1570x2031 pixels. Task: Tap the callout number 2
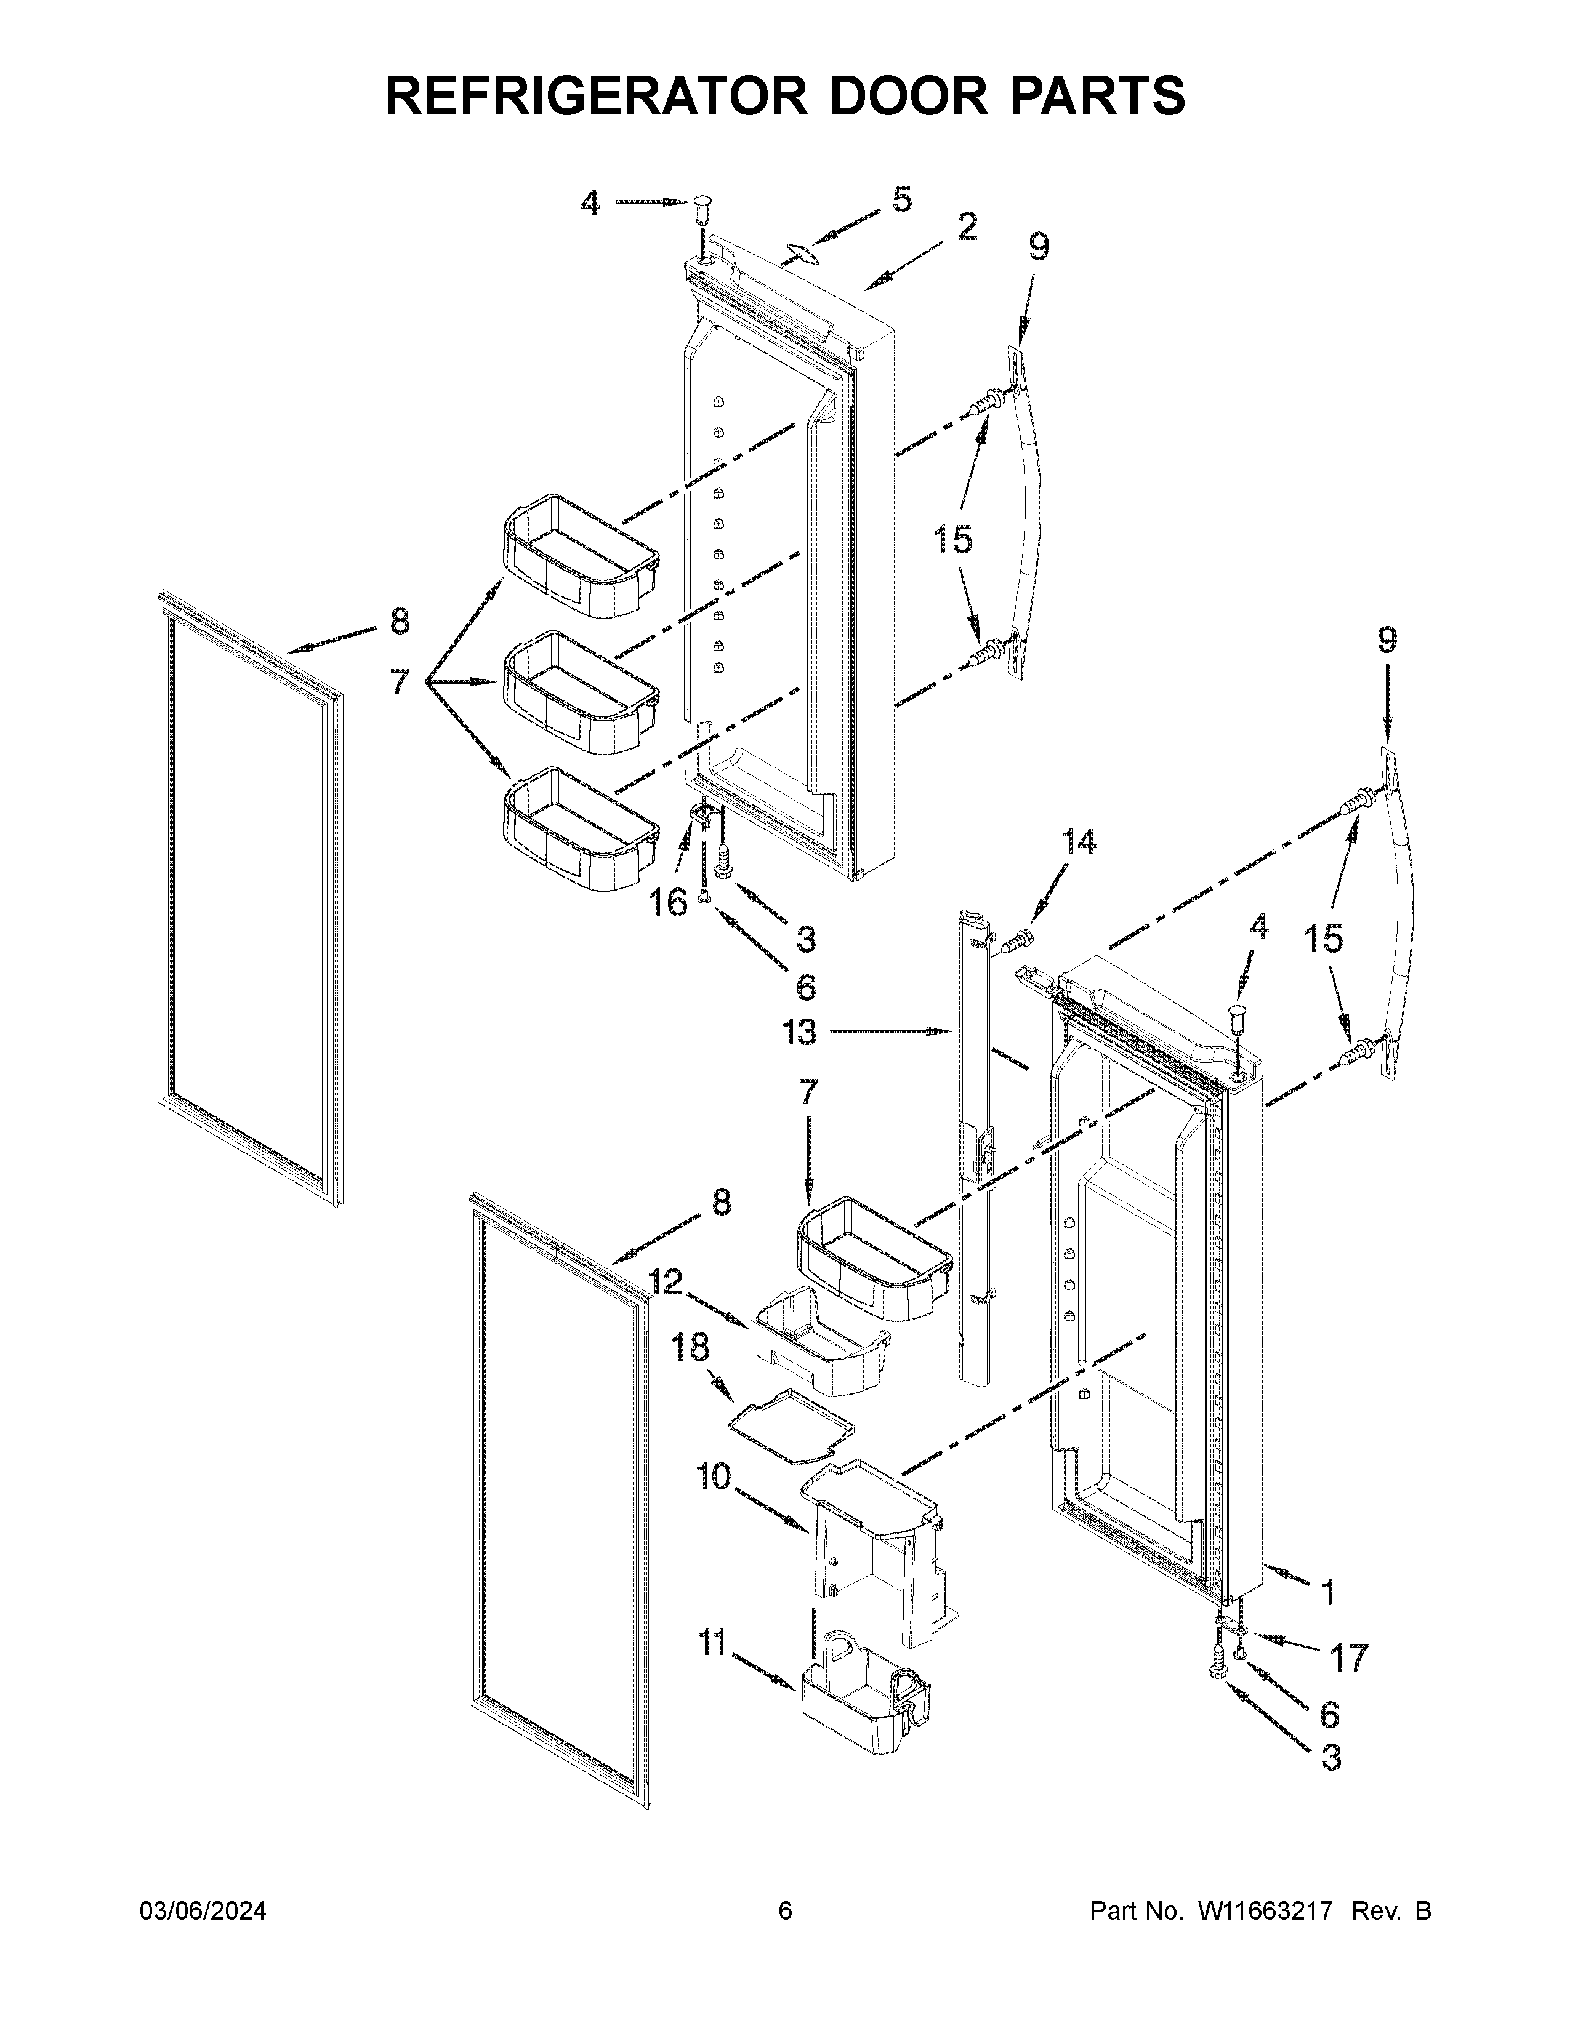pyautogui.click(x=967, y=226)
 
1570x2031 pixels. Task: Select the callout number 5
pyautogui.click(x=901, y=200)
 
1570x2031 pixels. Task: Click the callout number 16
pyautogui.click(x=669, y=902)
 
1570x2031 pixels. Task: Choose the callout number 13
pyautogui.click(x=800, y=1032)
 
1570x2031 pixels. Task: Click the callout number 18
pyautogui.click(x=690, y=1347)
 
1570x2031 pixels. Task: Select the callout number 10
pyautogui.click(x=714, y=1476)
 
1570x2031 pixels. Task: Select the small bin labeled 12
pyautogui.click(x=818, y=1341)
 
